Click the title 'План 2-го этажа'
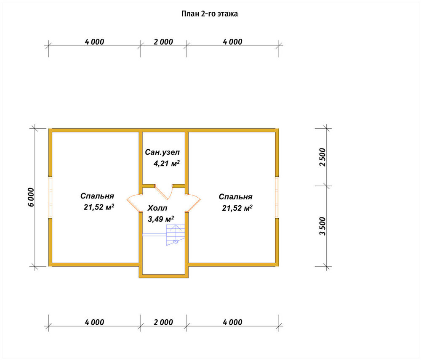[209, 14]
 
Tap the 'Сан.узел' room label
[162, 152]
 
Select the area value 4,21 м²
[166, 163]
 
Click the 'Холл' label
[157, 208]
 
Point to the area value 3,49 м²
[160, 219]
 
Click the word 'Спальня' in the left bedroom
[97, 196]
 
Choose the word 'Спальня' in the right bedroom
[235, 197]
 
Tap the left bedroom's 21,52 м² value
[99, 207]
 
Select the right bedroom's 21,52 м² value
[237, 208]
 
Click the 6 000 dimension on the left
[31, 197]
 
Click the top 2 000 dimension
[163, 42]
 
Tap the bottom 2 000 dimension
[163, 322]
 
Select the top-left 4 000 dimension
[94, 42]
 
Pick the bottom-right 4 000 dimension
[232, 322]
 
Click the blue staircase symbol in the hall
[176, 235]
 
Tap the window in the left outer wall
[50, 197]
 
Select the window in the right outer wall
[277, 197]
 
